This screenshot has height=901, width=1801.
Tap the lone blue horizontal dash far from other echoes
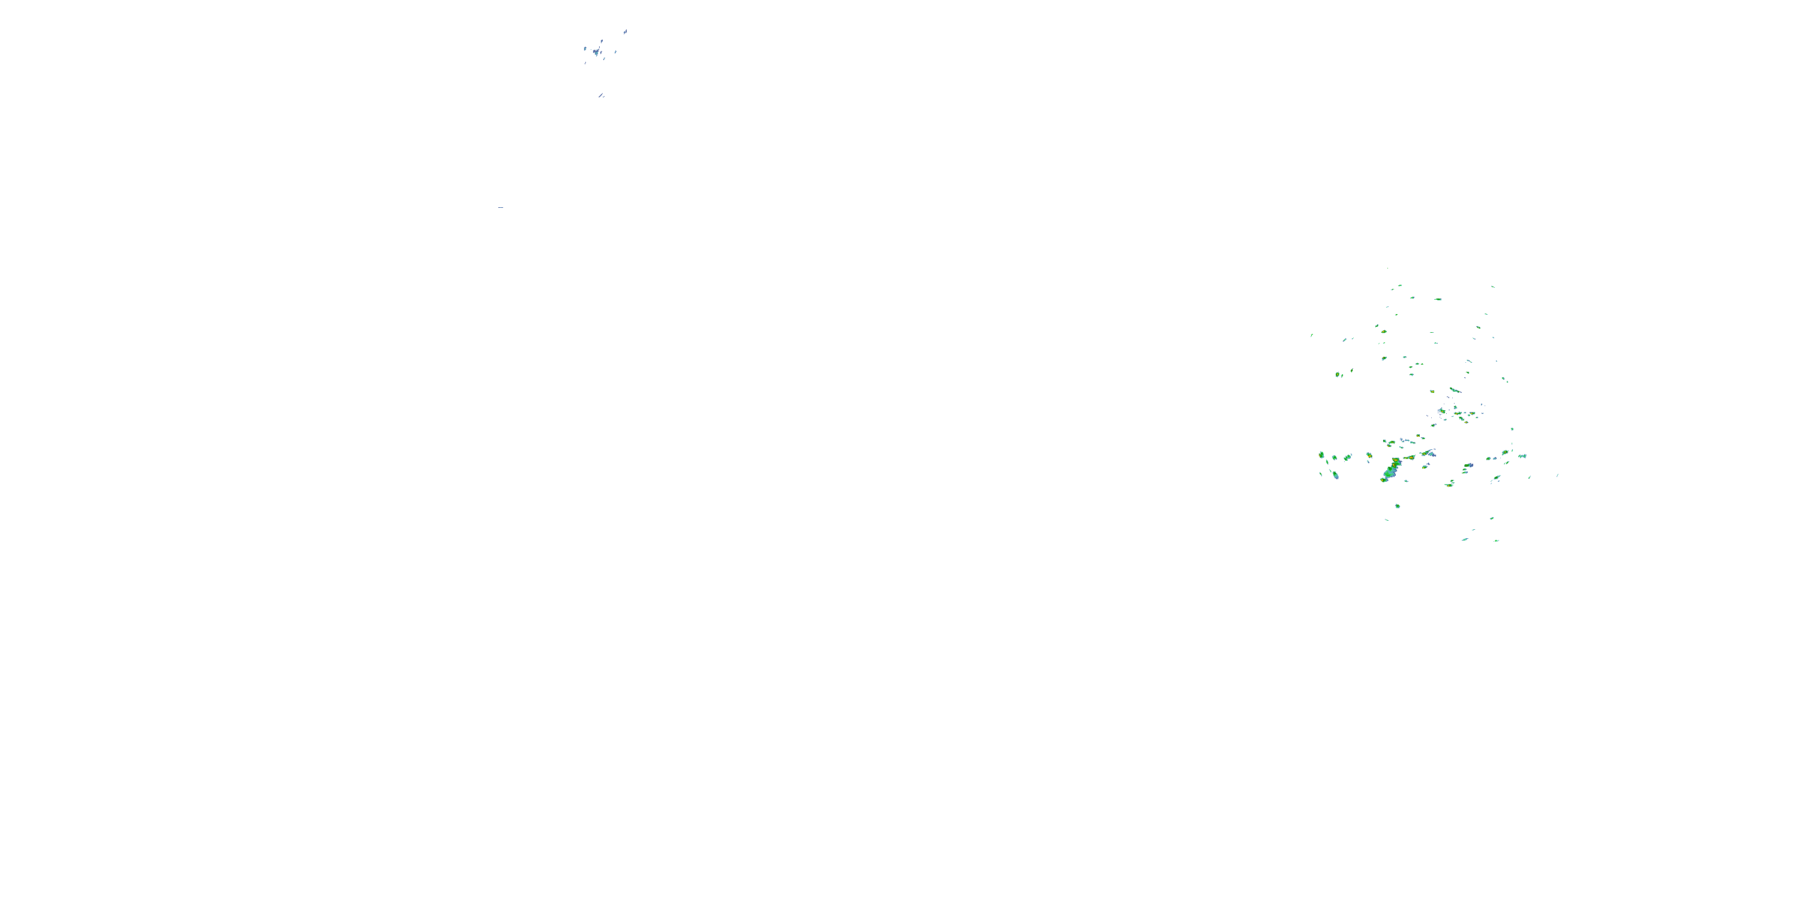(501, 208)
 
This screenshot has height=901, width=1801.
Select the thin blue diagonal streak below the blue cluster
(602, 95)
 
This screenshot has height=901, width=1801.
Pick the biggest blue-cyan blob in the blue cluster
(596, 52)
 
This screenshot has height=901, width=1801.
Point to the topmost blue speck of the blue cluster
(625, 31)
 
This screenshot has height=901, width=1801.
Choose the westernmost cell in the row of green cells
(1321, 455)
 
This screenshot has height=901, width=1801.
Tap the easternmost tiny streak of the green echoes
(1557, 475)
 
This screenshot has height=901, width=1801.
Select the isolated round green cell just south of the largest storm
(1398, 506)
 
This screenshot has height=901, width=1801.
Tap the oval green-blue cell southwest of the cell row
(1335, 476)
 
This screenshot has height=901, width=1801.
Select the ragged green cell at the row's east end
(1522, 456)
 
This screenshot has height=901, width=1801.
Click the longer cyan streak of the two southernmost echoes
(1465, 539)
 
